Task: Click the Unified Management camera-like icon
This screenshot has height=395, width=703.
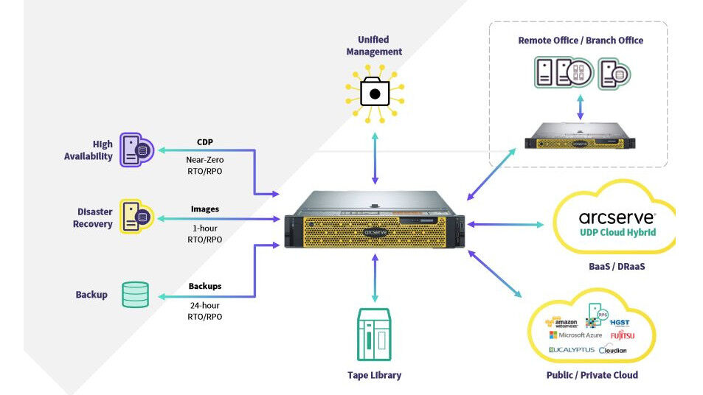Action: tap(374, 94)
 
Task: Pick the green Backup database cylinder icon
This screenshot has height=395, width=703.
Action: tap(135, 294)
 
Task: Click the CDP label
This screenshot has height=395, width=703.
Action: tap(204, 141)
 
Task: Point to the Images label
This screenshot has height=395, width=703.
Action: tap(204, 209)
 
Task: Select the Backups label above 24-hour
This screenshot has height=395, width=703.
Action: tap(204, 286)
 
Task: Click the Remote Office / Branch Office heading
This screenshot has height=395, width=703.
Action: tap(580, 41)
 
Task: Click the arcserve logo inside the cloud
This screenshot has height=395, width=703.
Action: tap(617, 217)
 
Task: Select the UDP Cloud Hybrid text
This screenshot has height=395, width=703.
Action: tap(617, 233)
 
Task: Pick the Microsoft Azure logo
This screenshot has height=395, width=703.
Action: tap(576, 335)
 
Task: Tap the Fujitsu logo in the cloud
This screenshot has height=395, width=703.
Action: tap(622, 336)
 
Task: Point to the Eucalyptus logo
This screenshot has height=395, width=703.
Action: tap(571, 349)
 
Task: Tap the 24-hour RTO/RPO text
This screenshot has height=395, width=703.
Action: tap(204, 310)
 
